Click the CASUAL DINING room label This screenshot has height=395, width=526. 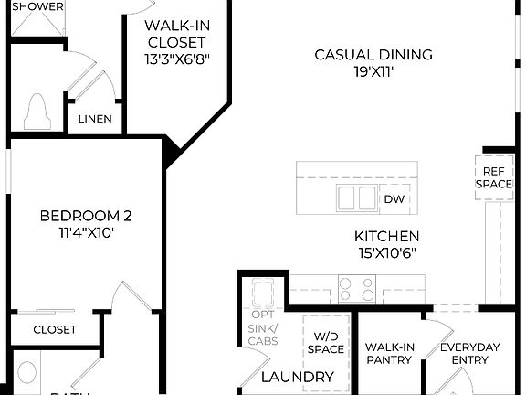373,55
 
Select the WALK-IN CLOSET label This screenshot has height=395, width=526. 174,33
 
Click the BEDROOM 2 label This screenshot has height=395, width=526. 86,217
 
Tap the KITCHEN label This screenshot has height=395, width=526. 387,236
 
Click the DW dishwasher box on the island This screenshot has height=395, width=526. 394,198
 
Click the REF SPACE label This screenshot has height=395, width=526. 493,176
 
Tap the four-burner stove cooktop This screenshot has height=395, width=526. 356,290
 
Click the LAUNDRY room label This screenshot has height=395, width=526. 298,377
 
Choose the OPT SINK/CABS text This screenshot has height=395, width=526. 263,328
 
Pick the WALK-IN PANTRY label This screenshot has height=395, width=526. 389,353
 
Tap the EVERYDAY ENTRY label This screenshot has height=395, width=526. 469,353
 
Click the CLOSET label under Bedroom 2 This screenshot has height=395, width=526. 55,329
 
